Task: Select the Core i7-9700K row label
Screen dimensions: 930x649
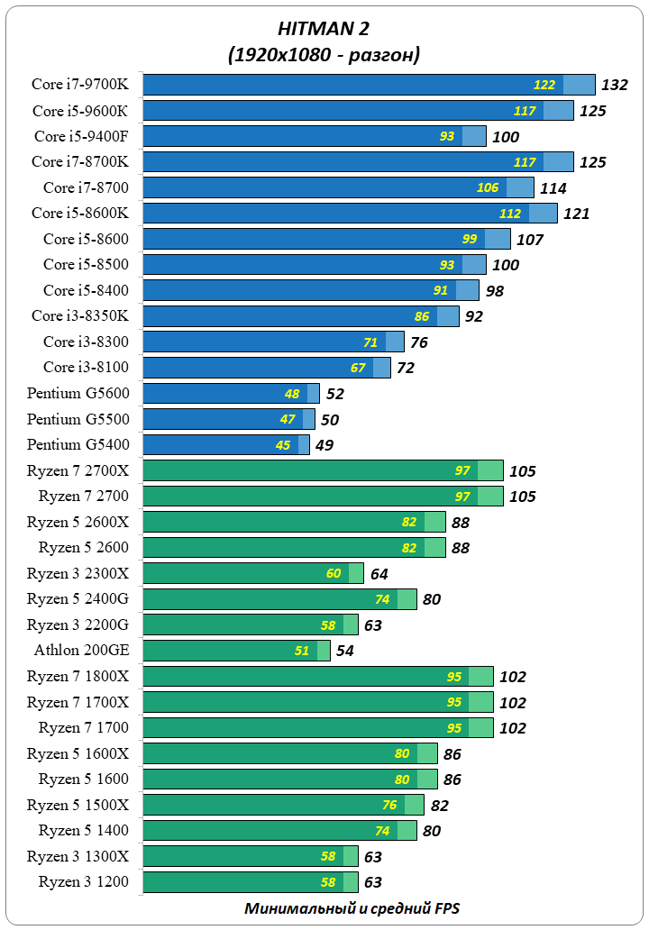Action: point(80,86)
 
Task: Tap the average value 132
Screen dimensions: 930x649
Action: point(614,86)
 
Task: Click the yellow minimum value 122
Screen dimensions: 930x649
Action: point(544,86)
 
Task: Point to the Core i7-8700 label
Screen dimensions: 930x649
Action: point(87,188)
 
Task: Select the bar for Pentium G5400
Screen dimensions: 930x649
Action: point(226,445)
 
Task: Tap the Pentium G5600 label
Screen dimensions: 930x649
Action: point(78,394)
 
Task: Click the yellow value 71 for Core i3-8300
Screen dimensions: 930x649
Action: point(370,342)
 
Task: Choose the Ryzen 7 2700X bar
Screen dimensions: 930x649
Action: point(323,470)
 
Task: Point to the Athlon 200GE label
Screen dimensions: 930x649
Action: point(82,651)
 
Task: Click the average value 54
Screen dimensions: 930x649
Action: point(346,651)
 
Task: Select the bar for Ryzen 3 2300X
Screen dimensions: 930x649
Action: point(253,573)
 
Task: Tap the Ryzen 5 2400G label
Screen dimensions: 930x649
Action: point(78,599)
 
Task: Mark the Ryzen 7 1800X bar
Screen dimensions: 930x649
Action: point(318,677)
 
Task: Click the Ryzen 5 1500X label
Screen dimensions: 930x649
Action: point(78,805)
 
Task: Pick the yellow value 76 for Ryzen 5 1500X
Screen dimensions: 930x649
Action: point(389,805)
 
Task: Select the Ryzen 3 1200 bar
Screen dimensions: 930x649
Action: point(251,882)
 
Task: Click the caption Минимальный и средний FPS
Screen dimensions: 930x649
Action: point(352,908)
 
